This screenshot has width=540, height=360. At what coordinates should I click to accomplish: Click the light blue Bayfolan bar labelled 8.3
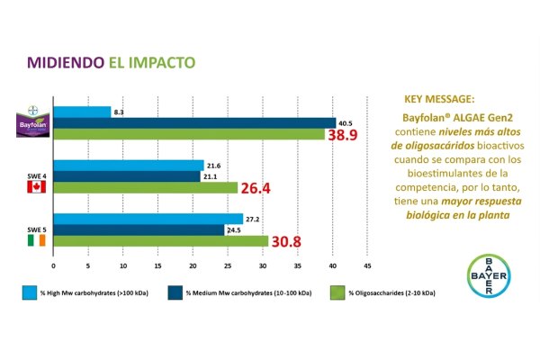tap(82, 112)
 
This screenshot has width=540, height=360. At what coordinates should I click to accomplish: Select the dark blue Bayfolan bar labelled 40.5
tap(193, 122)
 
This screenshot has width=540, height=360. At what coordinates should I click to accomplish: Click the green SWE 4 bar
tap(146, 187)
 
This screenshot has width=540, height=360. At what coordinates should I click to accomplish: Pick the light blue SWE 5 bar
tap(148, 219)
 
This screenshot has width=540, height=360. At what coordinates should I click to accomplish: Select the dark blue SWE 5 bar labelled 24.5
tap(139, 229)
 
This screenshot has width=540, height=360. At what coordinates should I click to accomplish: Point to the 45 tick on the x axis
tap(367, 266)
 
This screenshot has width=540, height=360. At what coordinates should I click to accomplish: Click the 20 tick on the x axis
tap(193, 266)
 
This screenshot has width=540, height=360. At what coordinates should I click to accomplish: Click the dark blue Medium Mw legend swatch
tap(173, 294)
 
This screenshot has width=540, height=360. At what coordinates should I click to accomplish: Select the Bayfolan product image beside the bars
tap(35, 122)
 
